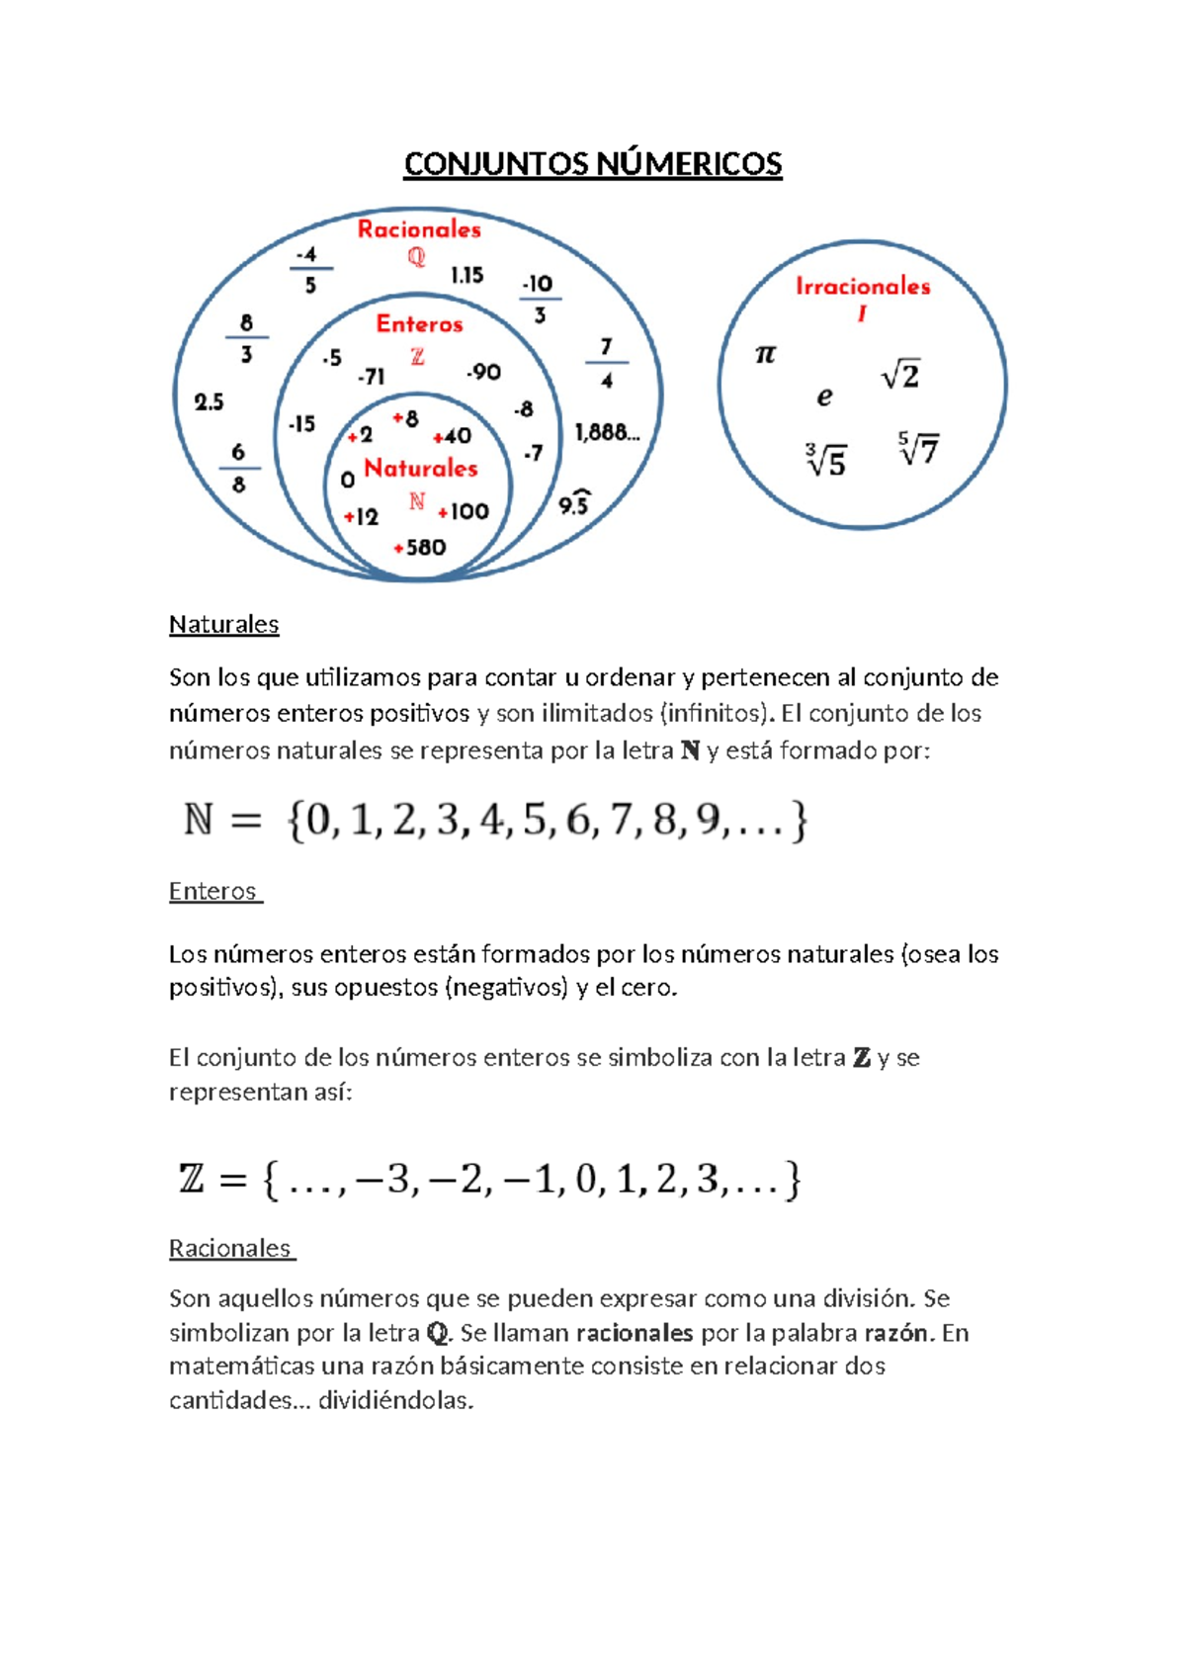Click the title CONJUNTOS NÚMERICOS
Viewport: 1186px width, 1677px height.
(592, 164)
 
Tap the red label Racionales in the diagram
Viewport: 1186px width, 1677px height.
(419, 229)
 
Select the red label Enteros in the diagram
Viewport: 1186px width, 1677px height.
(419, 324)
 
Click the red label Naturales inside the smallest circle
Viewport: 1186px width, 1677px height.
(421, 468)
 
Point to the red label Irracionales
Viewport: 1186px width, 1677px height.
(863, 287)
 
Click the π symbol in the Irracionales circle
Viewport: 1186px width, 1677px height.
(765, 354)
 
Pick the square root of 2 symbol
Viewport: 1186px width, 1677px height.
(900, 376)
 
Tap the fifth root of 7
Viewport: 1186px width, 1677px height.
(918, 449)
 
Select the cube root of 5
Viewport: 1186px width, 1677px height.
(826, 461)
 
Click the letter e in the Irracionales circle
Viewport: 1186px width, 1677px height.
(824, 397)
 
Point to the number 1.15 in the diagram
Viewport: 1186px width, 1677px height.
(466, 275)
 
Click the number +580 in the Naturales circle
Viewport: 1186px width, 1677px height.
(420, 548)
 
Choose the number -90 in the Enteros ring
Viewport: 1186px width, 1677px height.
(483, 373)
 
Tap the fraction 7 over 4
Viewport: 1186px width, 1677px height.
(606, 363)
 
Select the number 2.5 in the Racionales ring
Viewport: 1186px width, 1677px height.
(209, 402)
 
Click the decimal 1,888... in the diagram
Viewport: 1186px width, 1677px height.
(607, 432)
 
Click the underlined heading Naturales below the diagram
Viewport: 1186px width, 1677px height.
(223, 625)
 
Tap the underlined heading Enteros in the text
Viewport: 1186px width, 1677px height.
(212, 892)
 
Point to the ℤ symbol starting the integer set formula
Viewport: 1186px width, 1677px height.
(191, 1179)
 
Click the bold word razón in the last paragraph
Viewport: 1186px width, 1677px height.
(895, 1333)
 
